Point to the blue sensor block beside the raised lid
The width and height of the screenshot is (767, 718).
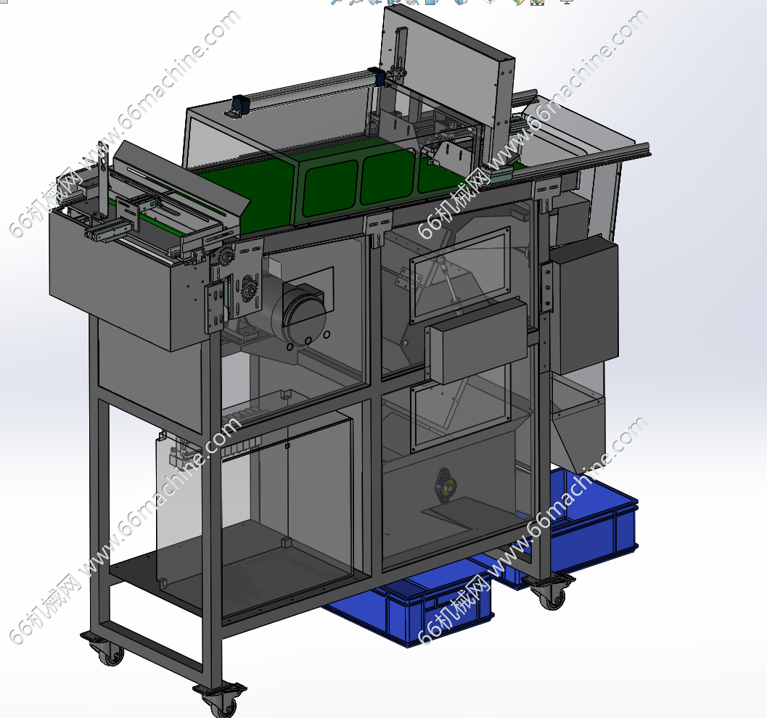(376, 76)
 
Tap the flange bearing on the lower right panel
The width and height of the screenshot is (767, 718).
(446, 485)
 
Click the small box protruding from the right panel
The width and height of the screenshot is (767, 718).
(477, 341)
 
